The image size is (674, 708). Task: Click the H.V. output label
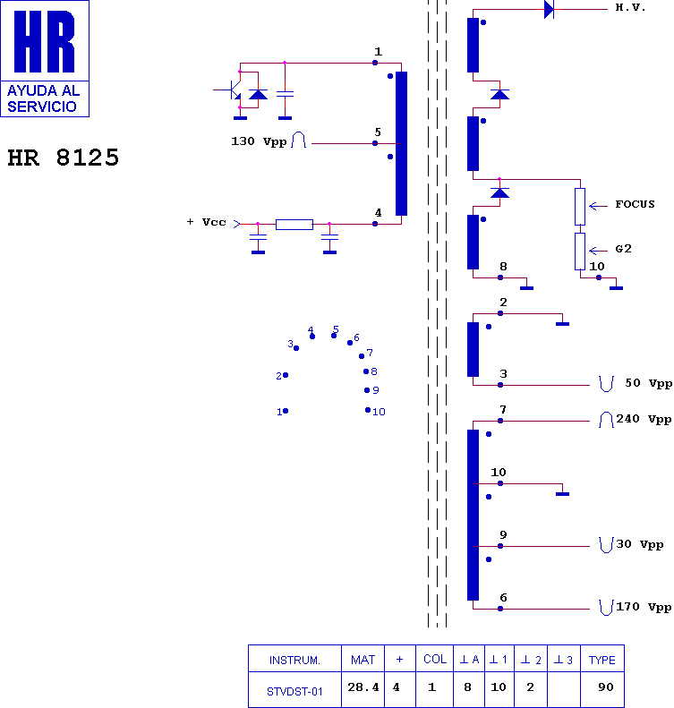pyautogui.click(x=630, y=7)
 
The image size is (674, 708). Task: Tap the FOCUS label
pyautogui.click(x=635, y=204)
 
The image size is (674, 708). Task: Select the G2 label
pyautogui.click(x=624, y=249)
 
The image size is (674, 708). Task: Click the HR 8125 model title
pyautogui.click(x=64, y=158)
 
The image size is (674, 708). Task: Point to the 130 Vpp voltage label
pyautogui.click(x=259, y=141)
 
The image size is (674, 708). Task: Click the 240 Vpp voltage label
pyautogui.click(x=644, y=420)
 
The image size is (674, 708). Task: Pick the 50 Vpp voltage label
pyautogui.click(x=648, y=383)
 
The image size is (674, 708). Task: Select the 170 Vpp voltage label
pyautogui.click(x=644, y=607)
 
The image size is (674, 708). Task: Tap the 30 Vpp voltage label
pyautogui.click(x=640, y=544)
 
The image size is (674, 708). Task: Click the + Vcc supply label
pyautogui.click(x=206, y=222)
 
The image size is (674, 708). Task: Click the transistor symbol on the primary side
pyautogui.click(x=233, y=90)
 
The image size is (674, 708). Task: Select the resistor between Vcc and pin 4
pyautogui.click(x=294, y=225)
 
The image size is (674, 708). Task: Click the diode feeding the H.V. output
pyautogui.click(x=549, y=9)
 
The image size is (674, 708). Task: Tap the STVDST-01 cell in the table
pyautogui.click(x=294, y=691)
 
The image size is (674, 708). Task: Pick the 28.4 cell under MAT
pyautogui.click(x=363, y=687)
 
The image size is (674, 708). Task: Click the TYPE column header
pyautogui.click(x=601, y=661)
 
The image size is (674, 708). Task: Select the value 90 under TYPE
pyautogui.click(x=605, y=687)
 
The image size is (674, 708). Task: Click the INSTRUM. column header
pyautogui.click(x=294, y=661)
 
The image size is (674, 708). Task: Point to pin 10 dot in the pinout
pyautogui.click(x=368, y=410)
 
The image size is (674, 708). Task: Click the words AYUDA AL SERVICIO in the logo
pyautogui.click(x=43, y=98)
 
